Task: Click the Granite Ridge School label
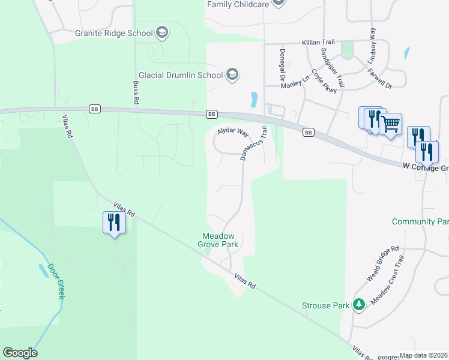pyautogui.click(x=114, y=33)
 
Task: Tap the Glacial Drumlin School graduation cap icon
pyautogui.click(x=232, y=75)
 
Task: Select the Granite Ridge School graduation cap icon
pyautogui.click(x=161, y=32)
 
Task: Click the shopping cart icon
pyautogui.click(x=391, y=125)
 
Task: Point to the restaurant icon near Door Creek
pyautogui.click(x=113, y=223)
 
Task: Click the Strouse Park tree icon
pyautogui.click(x=359, y=305)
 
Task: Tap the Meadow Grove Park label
pyautogui.click(x=218, y=240)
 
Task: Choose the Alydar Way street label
pyautogui.click(x=232, y=131)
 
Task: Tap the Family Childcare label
pyautogui.click(x=237, y=4)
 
